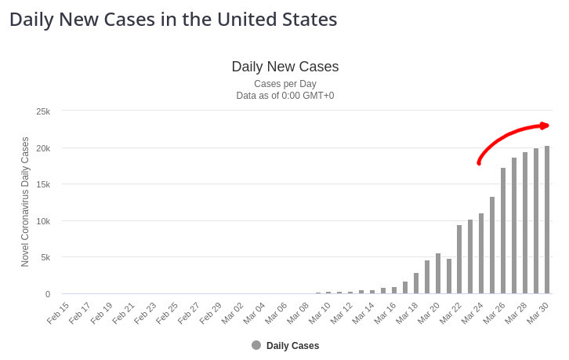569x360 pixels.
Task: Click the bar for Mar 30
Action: (547, 220)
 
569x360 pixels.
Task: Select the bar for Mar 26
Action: (503, 231)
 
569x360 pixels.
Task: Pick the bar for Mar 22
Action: (459, 259)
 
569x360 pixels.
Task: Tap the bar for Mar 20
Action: (438, 274)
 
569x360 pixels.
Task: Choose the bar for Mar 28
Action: (525, 223)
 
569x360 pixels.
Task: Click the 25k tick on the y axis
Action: (43, 111)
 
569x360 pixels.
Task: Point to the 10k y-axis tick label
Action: (43, 221)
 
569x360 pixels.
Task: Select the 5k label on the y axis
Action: (45, 257)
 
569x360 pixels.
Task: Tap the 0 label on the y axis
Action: (48, 294)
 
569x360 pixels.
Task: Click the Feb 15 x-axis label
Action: (58, 313)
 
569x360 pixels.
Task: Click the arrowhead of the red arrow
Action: (545, 125)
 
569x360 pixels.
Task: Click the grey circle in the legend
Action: (256, 345)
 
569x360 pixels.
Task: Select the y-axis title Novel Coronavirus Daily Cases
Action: (25, 202)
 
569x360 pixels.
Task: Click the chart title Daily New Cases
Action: (285, 67)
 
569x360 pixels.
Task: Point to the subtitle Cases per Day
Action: (285, 84)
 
